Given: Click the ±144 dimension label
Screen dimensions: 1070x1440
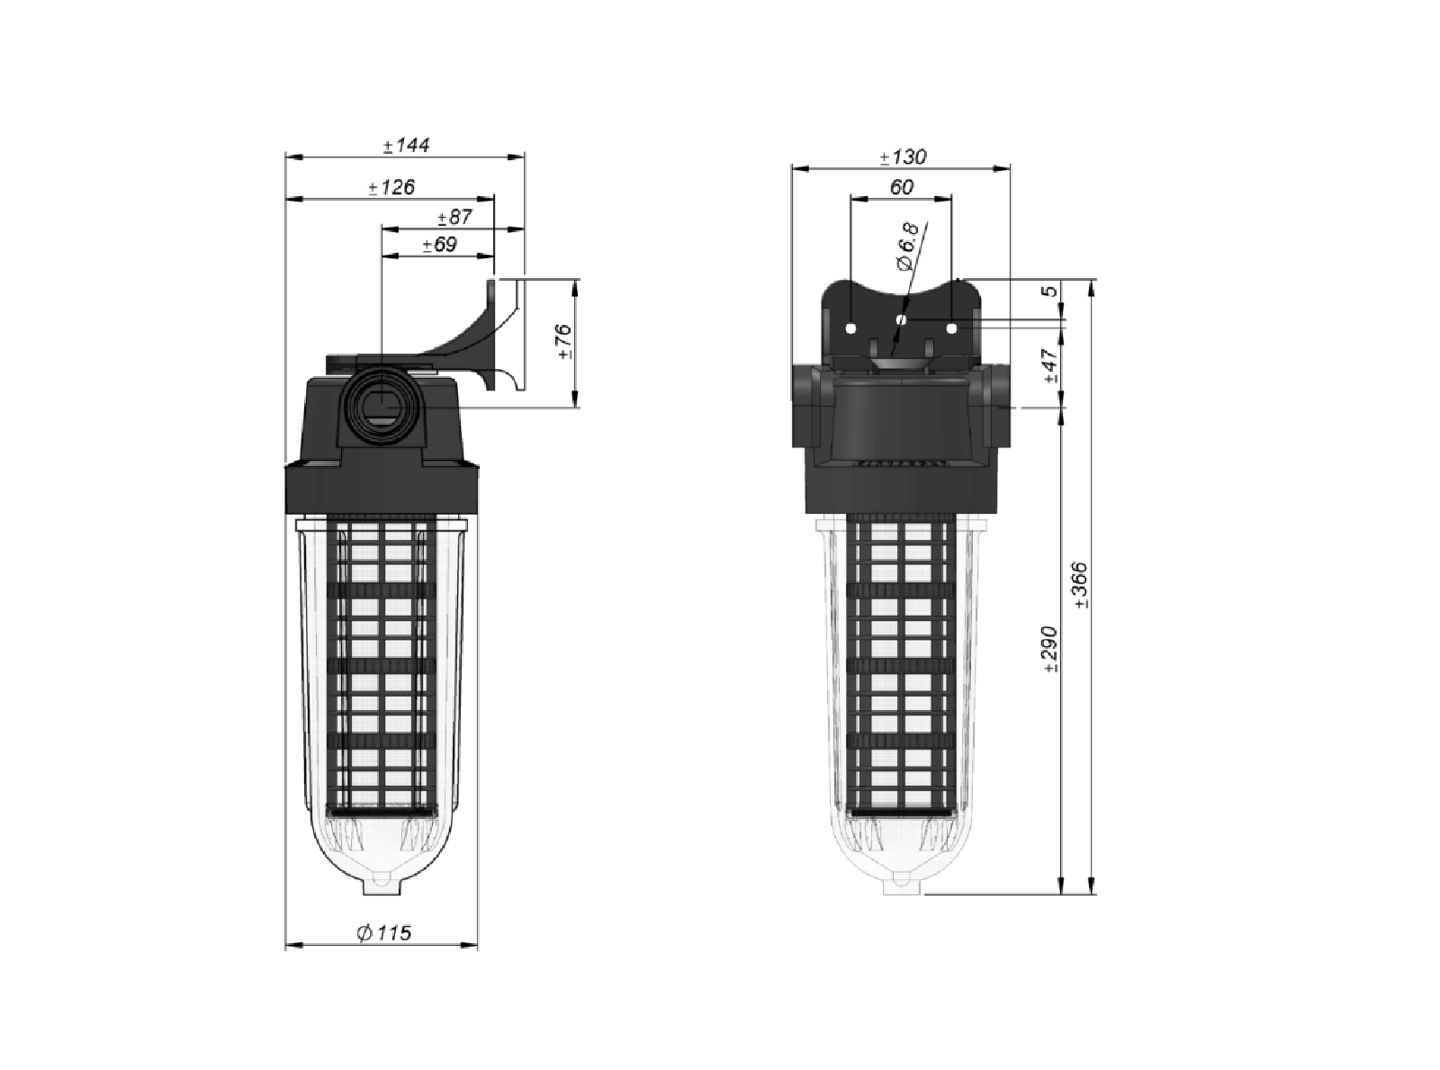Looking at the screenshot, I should (406, 145).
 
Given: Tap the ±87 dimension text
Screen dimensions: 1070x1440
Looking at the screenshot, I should (454, 217).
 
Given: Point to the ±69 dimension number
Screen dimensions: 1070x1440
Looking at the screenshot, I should (440, 244).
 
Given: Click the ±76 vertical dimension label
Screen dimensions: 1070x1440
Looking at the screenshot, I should (563, 343).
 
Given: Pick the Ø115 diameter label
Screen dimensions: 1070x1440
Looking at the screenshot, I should (383, 933).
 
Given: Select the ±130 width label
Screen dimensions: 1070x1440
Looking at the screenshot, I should (903, 157).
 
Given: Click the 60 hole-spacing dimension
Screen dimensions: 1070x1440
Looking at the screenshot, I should (901, 187).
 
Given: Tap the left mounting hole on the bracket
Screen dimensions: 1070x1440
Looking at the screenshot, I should (850, 328).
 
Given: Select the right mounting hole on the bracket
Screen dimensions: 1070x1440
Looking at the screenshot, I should (951, 328).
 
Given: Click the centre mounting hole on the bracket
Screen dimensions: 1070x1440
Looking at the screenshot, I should (902, 319).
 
